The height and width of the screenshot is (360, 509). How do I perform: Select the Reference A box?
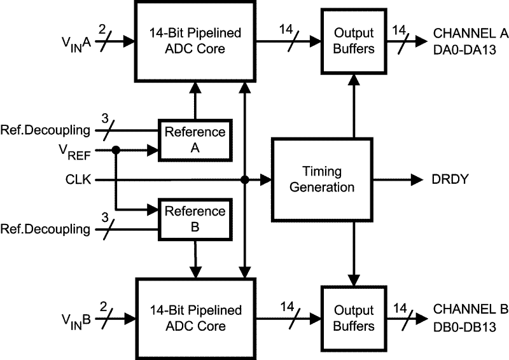click(x=195, y=139)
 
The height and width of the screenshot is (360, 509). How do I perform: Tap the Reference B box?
click(x=195, y=219)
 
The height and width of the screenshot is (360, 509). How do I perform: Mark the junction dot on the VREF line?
click(x=116, y=150)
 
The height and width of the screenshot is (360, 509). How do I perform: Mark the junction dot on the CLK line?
click(x=245, y=180)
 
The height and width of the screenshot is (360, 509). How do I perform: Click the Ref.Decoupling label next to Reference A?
click(x=46, y=132)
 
